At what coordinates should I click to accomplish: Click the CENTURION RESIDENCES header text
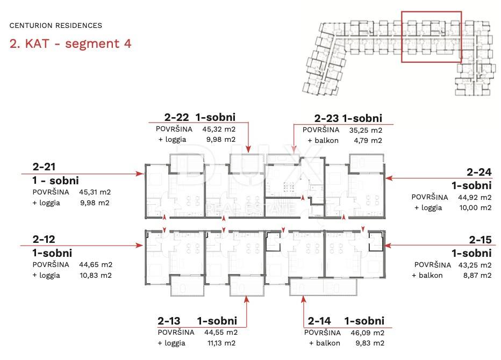(55, 26)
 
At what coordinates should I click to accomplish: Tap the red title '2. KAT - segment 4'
(70, 44)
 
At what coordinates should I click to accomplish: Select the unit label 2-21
(44, 167)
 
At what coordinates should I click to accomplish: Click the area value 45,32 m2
(219, 129)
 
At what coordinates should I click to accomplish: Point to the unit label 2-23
(326, 119)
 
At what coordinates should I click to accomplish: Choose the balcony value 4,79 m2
(368, 140)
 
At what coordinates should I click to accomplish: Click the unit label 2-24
(479, 172)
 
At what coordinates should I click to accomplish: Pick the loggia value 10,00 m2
(475, 207)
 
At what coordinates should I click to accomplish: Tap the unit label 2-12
(44, 239)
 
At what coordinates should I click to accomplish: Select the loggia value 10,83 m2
(96, 275)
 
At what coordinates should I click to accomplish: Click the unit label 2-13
(169, 321)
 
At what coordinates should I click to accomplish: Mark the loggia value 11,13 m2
(221, 343)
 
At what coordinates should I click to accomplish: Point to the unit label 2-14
(319, 321)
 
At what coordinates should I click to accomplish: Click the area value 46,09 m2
(368, 333)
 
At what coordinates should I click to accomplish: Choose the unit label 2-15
(480, 240)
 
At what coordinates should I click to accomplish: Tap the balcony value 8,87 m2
(477, 275)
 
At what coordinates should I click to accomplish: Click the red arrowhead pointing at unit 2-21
(140, 174)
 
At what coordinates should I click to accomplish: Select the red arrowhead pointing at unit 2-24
(390, 178)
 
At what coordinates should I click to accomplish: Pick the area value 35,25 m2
(366, 130)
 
